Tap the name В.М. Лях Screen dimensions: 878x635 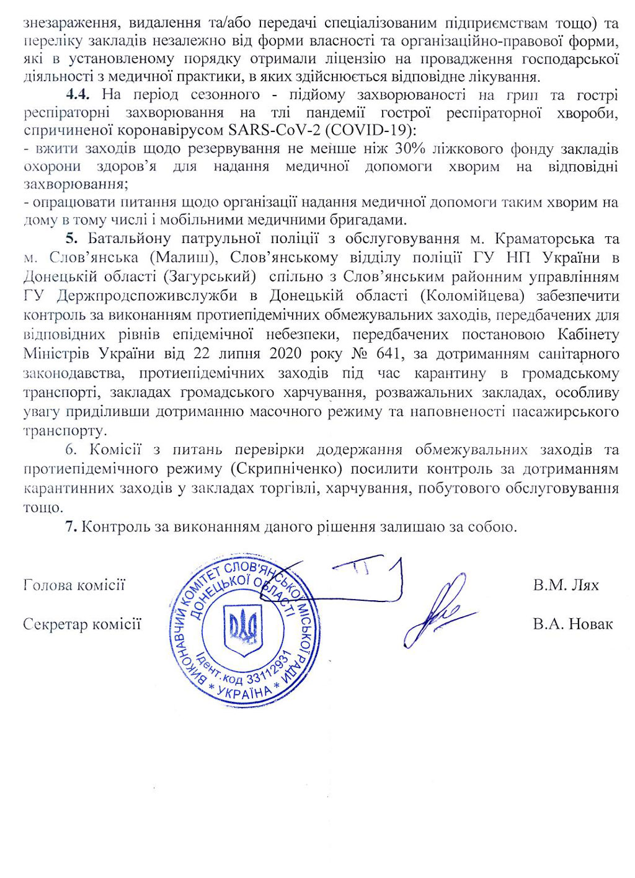(566, 585)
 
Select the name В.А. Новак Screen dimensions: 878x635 (572, 624)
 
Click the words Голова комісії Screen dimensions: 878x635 (74, 585)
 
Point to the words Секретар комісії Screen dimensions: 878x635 (82, 624)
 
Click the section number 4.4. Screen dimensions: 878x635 (78, 95)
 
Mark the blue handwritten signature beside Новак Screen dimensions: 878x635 (437, 611)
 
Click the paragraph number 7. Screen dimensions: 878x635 (71, 527)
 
